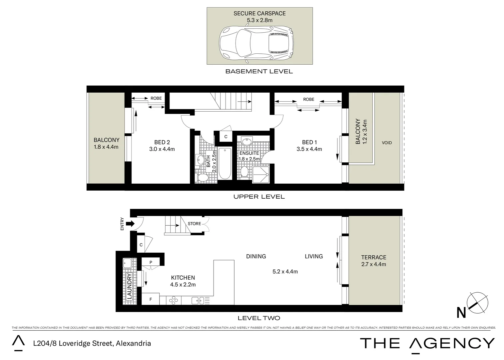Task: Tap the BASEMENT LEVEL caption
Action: click(x=259, y=71)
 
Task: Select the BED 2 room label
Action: click(x=162, y=142)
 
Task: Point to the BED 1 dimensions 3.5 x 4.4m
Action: click(x=309, y=149)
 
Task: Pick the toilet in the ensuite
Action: click(x=245, y=172)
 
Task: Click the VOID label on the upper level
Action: click(x=386, y=143)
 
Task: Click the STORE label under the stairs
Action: click(x=194, y=224)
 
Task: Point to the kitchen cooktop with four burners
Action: click(x=173, y=301)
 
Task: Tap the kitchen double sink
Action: click(x=198, y=301)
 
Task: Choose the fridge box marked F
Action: click(x=151, y=299)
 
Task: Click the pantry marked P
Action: click(x=151, y=262)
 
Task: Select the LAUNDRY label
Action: click(x=129, y=286)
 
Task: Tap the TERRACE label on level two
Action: click(x=373, y=257)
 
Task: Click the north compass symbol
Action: click(x=477, y=303)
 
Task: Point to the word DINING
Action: click(x=256, y=256)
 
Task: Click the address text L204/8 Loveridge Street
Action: click(x=92, y=343)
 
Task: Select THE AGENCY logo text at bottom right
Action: click(x=427, y=343)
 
